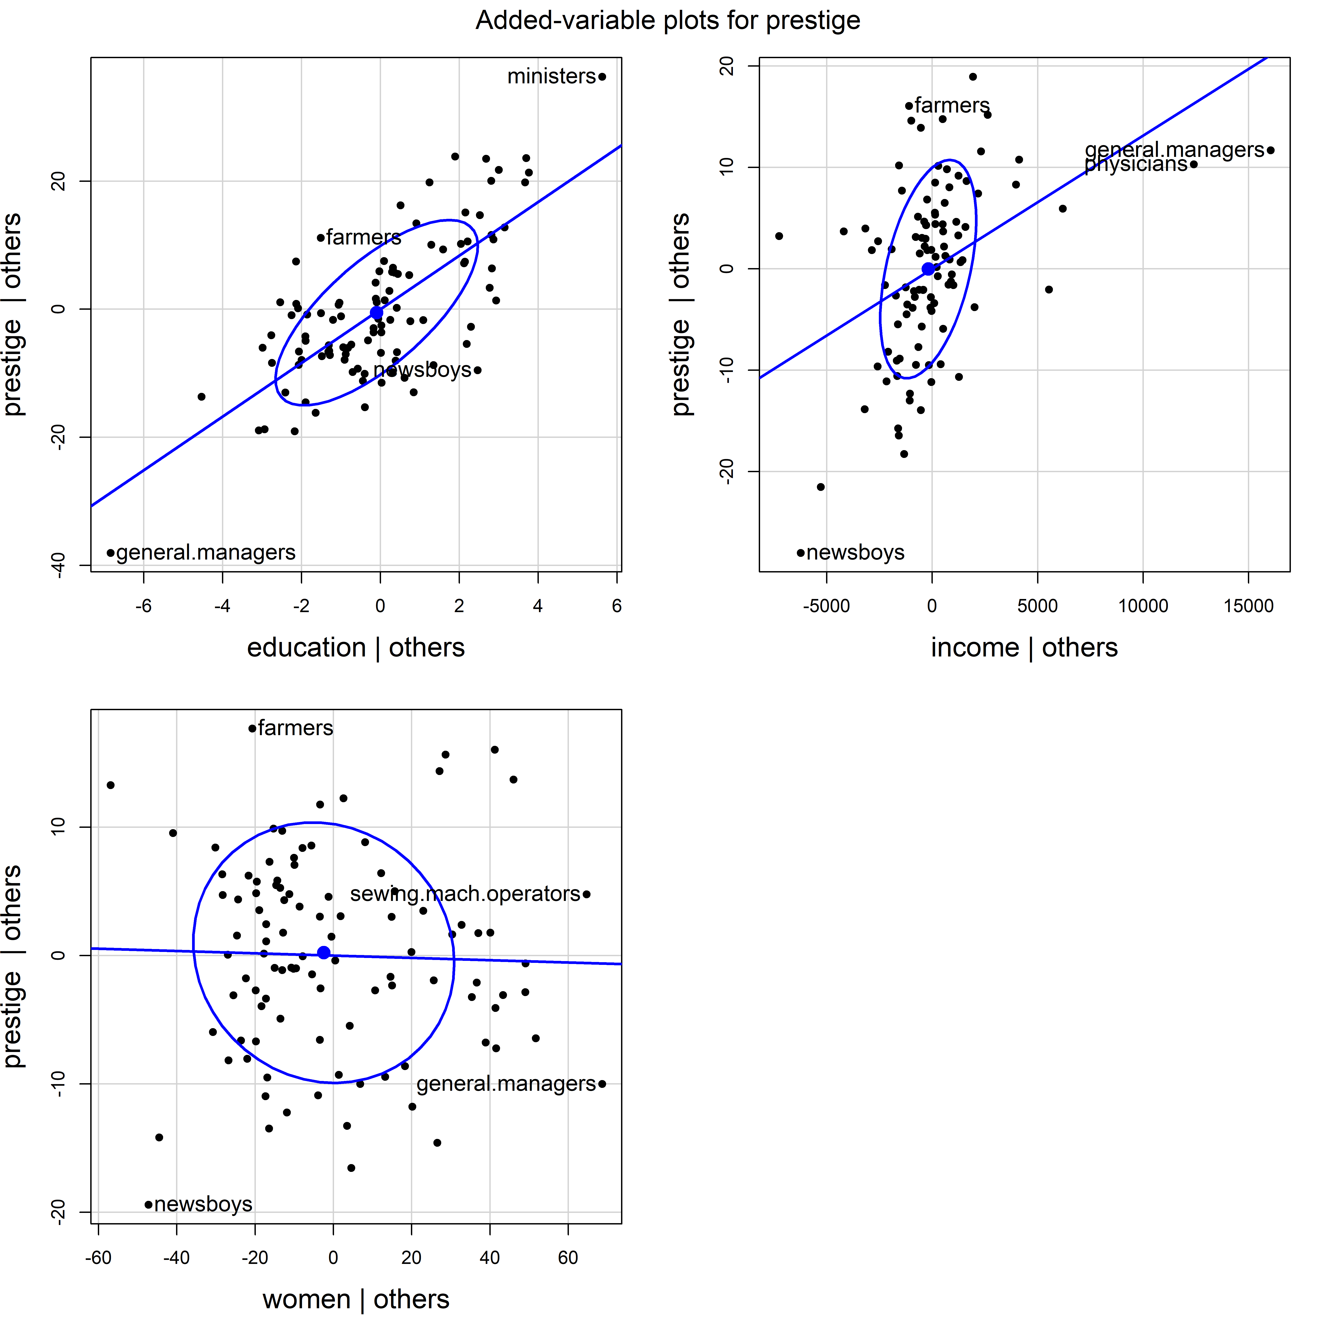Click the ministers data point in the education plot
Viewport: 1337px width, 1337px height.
pos(602,77)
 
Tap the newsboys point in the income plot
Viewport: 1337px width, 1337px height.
pos(801,553)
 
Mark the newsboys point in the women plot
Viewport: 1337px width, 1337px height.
pos(148,1205)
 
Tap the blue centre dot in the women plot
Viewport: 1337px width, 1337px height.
pos(323,953)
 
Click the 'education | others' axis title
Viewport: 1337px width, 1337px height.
pos(356,648)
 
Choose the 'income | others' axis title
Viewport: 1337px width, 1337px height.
pos(1024,648)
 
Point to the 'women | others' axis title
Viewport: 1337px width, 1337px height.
pos(356,1300)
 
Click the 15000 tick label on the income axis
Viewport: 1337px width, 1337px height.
pos(1248,606)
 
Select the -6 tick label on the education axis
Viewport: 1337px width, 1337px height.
pos(143,606)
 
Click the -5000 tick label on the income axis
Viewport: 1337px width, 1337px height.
pos(826,606)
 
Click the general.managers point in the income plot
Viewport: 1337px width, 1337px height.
pos(1271,150)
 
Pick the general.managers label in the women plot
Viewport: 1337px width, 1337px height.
pos(506,1084)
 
